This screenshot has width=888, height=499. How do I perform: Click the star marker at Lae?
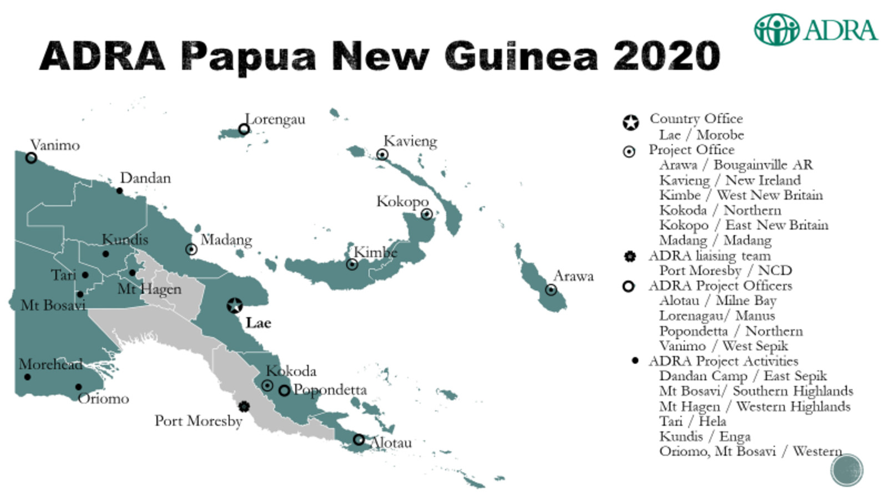tap(235, 305)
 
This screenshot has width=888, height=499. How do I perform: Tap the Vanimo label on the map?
tap(55, 145)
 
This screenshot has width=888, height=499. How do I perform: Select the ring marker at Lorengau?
tap(244, 129)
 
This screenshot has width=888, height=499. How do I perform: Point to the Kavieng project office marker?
tap(382, 154)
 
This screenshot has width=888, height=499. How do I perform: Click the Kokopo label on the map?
tap(402, 201)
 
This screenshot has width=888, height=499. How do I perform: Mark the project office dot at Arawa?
tap(551, 289)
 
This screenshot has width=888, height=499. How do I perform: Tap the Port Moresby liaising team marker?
tap(244, 406)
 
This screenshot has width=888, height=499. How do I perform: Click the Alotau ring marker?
tap(359, 439)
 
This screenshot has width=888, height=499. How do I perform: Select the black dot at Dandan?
tap(119, 191)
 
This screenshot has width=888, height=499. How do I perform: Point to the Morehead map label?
tap(51, 364)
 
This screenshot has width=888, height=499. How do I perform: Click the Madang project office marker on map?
tap(191, 249)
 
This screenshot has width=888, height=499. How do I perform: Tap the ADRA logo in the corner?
tap(815, 29)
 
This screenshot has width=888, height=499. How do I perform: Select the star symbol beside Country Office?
tap(630, 123)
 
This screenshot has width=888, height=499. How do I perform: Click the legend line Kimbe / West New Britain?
tap(740, 195)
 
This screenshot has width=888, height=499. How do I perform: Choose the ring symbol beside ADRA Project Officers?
tap(628, 286)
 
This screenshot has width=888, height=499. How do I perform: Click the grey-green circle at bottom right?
tap(846, 470)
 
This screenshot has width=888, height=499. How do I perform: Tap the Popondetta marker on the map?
tap(284, 390)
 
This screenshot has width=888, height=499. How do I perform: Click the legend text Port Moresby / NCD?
tap(725, 271)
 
